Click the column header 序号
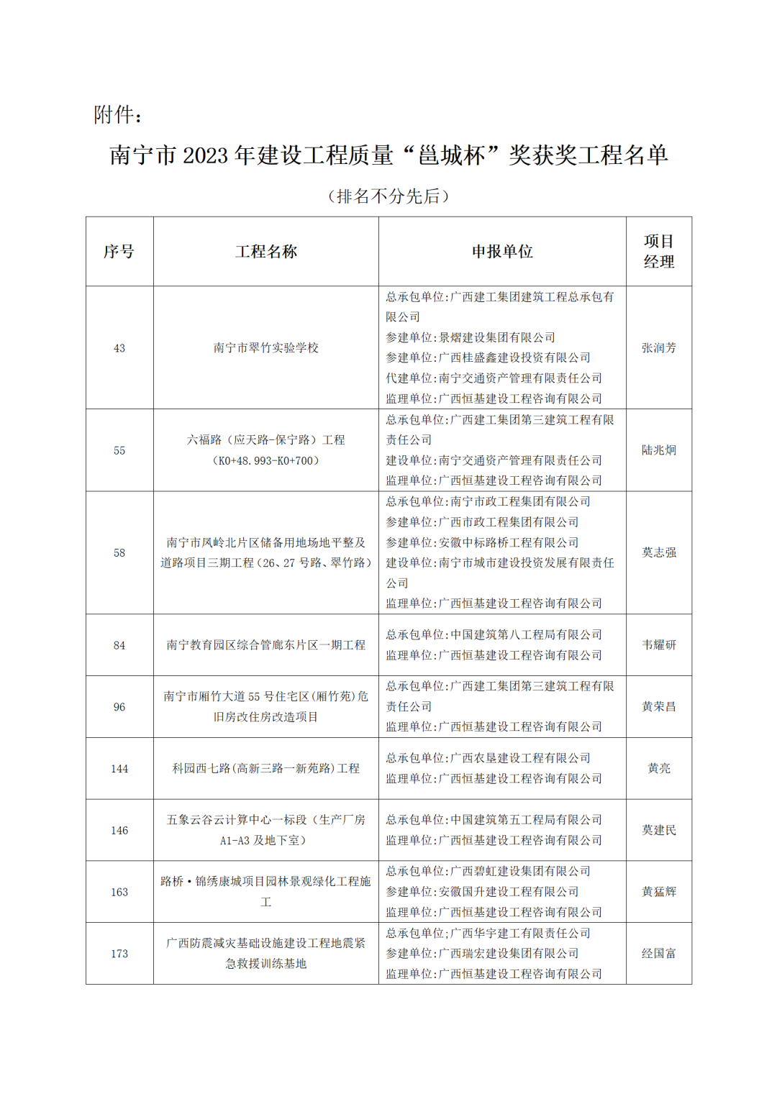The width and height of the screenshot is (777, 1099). point(119,252)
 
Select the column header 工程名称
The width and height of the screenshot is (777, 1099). point(265,252)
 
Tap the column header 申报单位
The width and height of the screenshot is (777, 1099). point(502,252)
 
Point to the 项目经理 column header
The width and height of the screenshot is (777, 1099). point(658,252)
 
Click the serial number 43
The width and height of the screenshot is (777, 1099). point(119,348)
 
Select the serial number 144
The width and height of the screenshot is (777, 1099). point(119,769)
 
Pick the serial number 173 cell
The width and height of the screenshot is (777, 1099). point(119,954)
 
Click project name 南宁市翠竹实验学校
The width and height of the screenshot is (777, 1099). point(265,348)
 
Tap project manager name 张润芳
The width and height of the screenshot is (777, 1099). point(658,348)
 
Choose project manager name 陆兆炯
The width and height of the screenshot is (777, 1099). point(658,450)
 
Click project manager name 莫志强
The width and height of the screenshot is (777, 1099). point(658,552)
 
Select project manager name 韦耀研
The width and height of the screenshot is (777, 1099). point(658,645)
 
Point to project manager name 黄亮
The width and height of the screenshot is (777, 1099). point(658,769)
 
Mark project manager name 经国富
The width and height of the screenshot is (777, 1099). point(658,954)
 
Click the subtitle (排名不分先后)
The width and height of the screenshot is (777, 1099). point(388,196)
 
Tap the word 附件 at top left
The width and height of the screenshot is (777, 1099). point(114,114)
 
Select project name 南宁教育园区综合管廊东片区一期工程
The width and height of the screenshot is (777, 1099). point(265,645)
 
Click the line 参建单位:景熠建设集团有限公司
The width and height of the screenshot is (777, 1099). point(471,337)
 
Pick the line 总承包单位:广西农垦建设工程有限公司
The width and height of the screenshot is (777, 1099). point(488,758)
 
